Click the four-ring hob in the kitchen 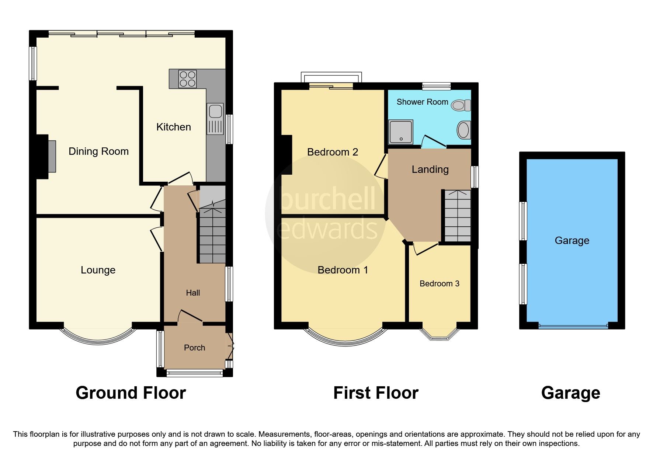click(187, 79)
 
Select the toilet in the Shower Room click(461, 105)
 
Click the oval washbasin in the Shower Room click(463, 130)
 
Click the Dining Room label click(98, 151)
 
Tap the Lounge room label click(98, 270)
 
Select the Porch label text click(194, 348)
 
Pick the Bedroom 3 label click(439, 284)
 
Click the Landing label click(430, 170)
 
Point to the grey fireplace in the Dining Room click(52, 156)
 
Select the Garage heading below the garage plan click(570, 393)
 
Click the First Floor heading click(375, 393)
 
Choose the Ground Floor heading click(131, 393)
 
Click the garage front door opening click(573, 326)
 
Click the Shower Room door click(434, 142)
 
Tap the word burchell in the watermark click(327, 199)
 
